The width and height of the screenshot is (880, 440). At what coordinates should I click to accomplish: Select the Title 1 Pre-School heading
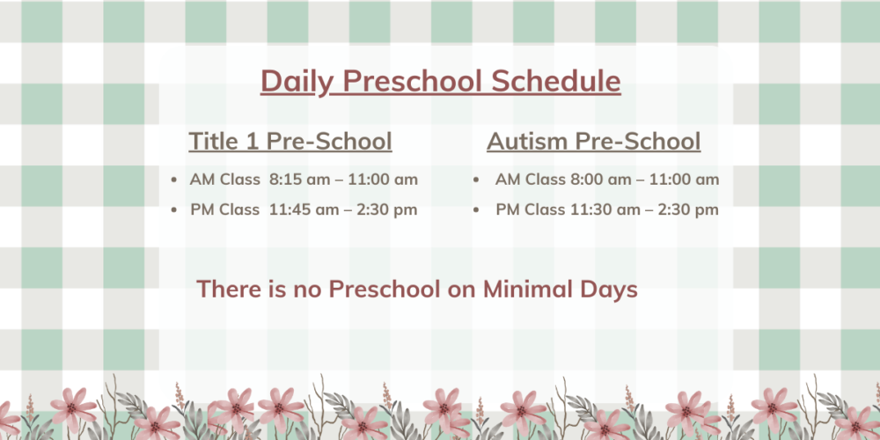(x=290, y=141)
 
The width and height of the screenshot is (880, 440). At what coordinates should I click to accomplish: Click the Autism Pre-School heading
(x=594, y=141)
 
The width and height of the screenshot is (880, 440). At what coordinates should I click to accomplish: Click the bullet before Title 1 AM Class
(x=174, y=180)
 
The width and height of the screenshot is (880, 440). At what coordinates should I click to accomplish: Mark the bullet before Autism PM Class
(x=476, y=210)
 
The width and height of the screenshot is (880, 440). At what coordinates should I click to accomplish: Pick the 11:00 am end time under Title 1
(x=383, y=180)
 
